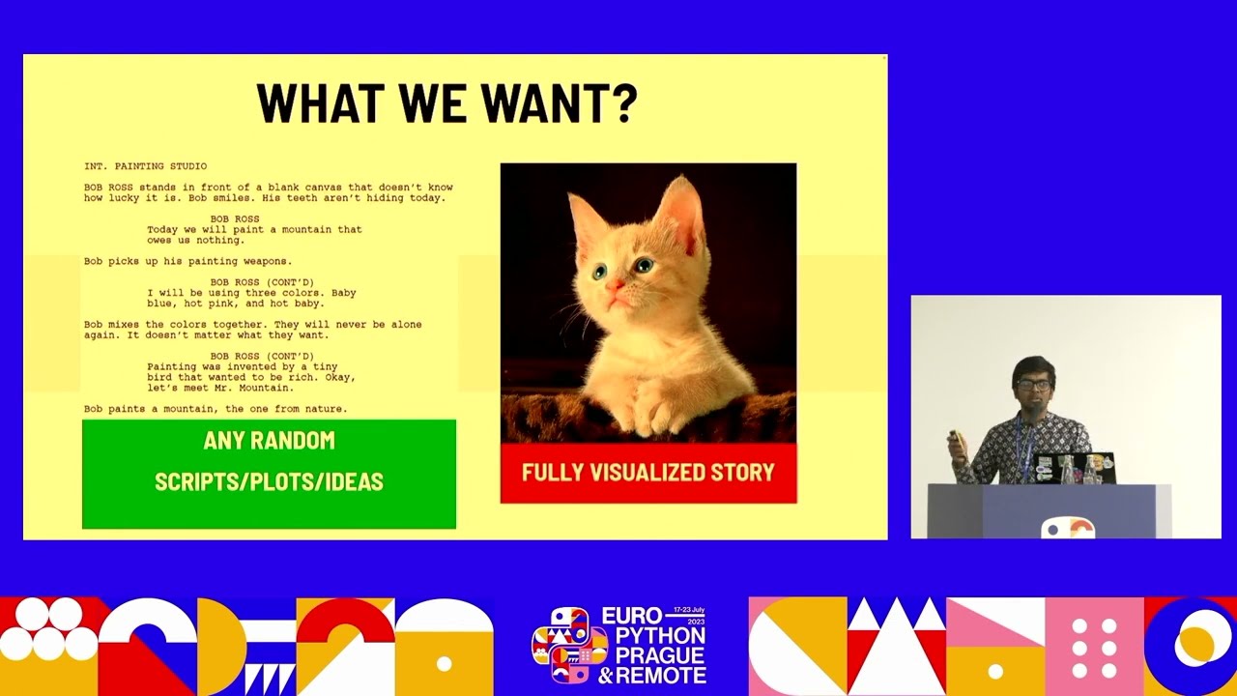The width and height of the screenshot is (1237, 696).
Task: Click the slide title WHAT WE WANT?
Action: tap(446, 103)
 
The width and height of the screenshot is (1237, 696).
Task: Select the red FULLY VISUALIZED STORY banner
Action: tap(648, 473)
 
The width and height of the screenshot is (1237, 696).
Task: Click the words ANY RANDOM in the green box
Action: tap(269, 441)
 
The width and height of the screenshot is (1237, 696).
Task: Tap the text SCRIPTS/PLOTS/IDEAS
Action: tap(269, 481)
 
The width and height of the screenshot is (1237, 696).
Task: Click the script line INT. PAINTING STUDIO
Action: tap(145, 166)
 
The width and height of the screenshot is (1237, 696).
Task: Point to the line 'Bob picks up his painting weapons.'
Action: tap(187, 261)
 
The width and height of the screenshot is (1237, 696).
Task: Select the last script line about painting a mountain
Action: tap(215, 409)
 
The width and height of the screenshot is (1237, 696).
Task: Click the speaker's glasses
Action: tap(1033, 385)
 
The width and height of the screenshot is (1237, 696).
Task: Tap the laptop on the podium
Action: tap(1073, 468)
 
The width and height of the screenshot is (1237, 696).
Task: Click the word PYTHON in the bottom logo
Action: tap(654, 636)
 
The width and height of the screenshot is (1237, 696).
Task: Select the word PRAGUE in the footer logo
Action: tap(654, 655)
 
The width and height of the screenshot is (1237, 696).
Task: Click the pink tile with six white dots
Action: tap(1094, 646)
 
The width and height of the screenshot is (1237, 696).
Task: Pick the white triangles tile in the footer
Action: tap(896, 646)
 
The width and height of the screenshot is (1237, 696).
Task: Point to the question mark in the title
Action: tap(624, 103)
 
